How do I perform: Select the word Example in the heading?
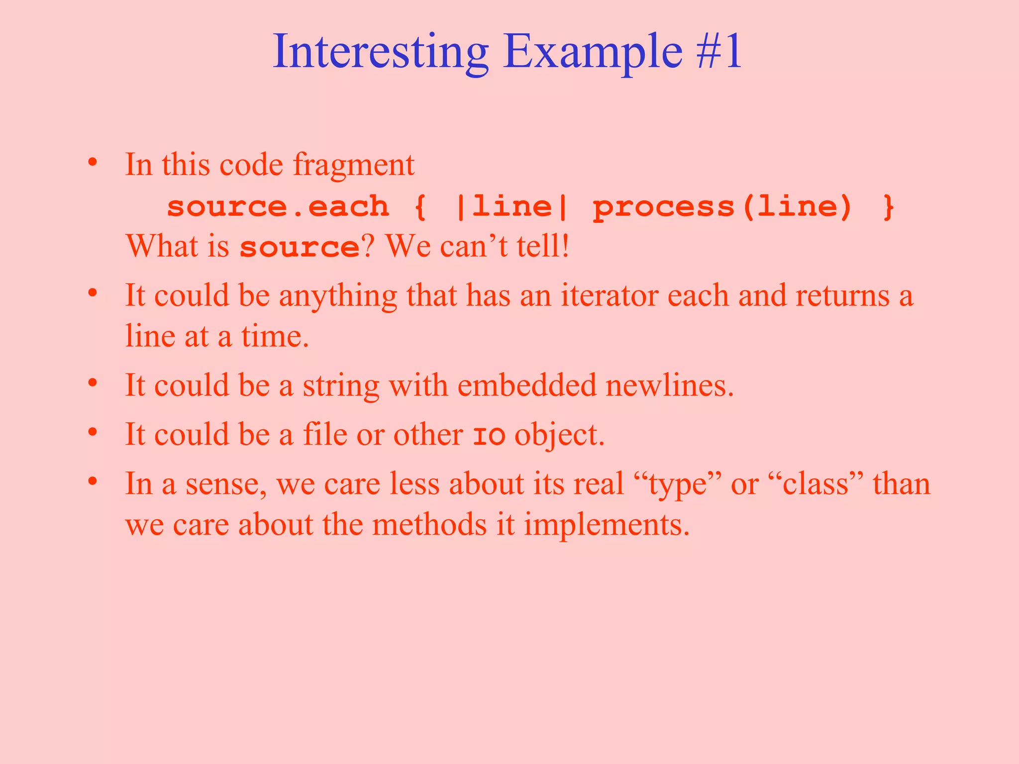(x=592, y=52)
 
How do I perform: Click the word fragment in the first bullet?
(x=353, y=165)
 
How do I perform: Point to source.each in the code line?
(x=278, y=206)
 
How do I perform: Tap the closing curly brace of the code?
(x=889, y=206)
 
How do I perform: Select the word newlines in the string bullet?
(x=669, y=385)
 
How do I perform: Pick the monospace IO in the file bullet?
(x=489, y=436)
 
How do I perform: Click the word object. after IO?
(x=559, y=435)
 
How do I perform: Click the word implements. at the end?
(x=607, y=525)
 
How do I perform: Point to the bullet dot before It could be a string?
(x=93, y=383)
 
